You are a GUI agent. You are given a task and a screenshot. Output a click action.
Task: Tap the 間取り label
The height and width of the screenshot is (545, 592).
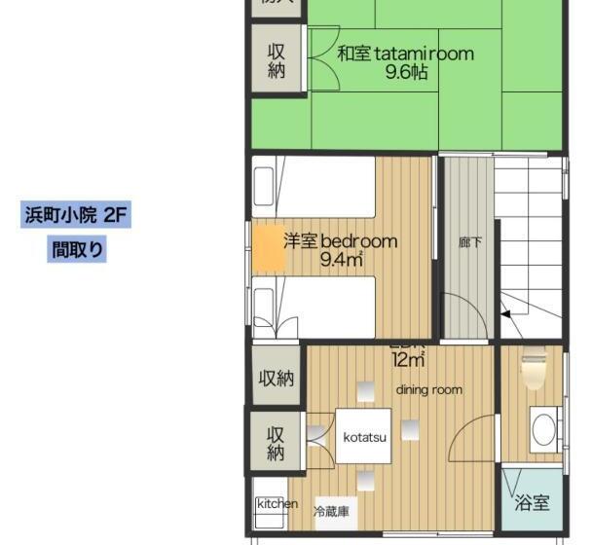[77, 249]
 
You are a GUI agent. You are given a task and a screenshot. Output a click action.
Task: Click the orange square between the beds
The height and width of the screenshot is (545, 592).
[268, 248]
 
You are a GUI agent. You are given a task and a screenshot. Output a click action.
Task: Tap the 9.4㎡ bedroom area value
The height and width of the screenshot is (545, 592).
[341, 259]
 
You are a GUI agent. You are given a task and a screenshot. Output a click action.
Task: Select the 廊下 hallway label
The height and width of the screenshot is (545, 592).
[470, 242]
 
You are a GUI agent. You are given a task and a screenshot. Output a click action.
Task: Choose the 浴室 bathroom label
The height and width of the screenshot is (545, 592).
[532, 503]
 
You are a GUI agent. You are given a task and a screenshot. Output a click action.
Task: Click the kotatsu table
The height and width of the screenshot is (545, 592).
[364, 437]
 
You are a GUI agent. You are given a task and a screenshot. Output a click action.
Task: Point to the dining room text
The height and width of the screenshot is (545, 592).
[428, 389]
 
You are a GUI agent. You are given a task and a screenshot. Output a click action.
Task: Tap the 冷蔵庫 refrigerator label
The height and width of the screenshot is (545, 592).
[332, 510]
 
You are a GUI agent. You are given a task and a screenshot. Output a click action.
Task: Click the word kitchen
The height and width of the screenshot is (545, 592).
[277, 503]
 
